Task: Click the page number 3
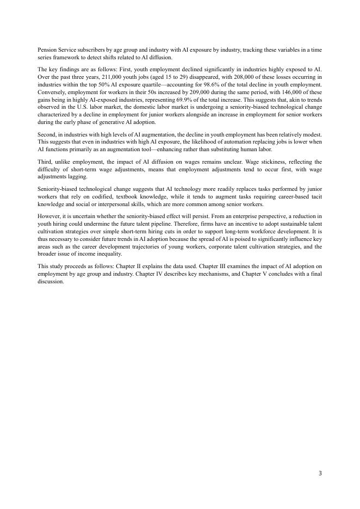point(320,473)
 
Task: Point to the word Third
point(45,162)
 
